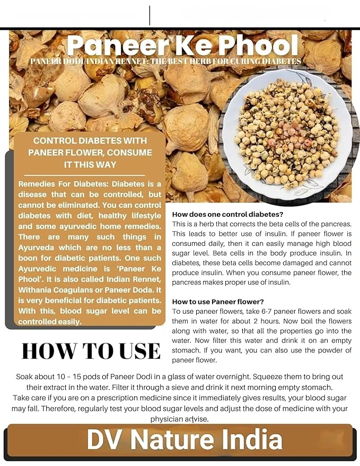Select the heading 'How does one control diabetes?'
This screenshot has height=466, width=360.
228,214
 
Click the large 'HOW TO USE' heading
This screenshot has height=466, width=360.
91,351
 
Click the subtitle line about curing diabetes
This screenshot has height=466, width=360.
165,61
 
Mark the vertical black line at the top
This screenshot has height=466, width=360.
150,15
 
